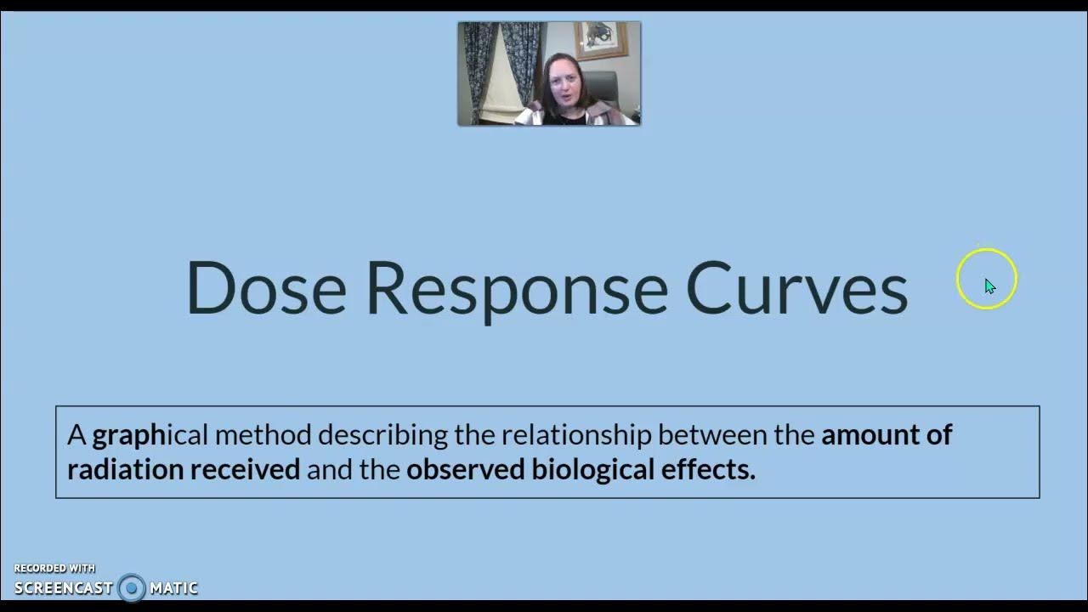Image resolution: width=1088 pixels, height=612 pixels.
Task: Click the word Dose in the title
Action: pyautogui.click(x=266, y=287)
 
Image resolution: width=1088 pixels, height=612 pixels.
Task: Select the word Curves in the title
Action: pyautogui.click(x=796, y=287)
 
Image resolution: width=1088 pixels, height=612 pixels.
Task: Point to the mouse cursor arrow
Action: pyautogui.click(x=989, y=286)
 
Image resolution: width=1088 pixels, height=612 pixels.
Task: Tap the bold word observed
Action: pyautogui.click(x=465, y=469)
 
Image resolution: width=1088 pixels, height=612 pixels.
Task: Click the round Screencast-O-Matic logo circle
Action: pyautogui.click(x=132, y=587)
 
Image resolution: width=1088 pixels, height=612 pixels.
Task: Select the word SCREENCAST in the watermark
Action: pyautogui.click(x=64, y=587)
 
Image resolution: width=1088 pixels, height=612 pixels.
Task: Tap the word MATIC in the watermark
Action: pyautogui.click(x=173, y=587)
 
